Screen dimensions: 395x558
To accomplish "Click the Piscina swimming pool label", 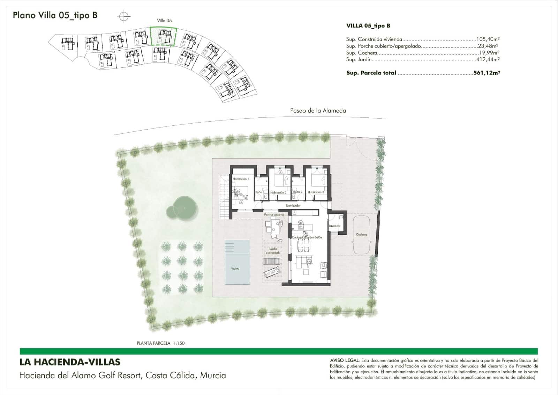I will coord(235,269).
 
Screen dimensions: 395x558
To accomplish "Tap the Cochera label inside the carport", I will coord(361,235).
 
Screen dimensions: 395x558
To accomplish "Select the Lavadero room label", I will coord(334,226).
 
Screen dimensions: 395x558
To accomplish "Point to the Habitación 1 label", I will coord(241,179).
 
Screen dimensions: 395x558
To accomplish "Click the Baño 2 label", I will coord(298,192).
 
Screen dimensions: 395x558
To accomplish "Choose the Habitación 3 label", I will coord(316,192).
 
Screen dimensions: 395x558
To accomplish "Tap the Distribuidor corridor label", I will coord(293,206).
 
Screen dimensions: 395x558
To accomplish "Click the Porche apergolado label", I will coord(273,251).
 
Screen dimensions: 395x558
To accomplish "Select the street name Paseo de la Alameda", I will coord(318,111).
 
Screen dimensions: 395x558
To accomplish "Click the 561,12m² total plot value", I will coord(487,73).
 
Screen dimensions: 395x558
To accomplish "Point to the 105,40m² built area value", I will coord(488,39).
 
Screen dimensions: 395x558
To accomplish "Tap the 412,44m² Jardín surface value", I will coord(488,59).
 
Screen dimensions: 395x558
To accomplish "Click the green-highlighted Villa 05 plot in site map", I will coord(164,36).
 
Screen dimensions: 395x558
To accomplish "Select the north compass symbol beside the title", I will coord(125,16).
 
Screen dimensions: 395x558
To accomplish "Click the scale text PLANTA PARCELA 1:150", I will coord(161,343).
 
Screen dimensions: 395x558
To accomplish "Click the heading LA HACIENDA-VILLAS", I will coord(70,363).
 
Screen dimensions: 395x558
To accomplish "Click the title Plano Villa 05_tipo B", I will coord(55,15).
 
